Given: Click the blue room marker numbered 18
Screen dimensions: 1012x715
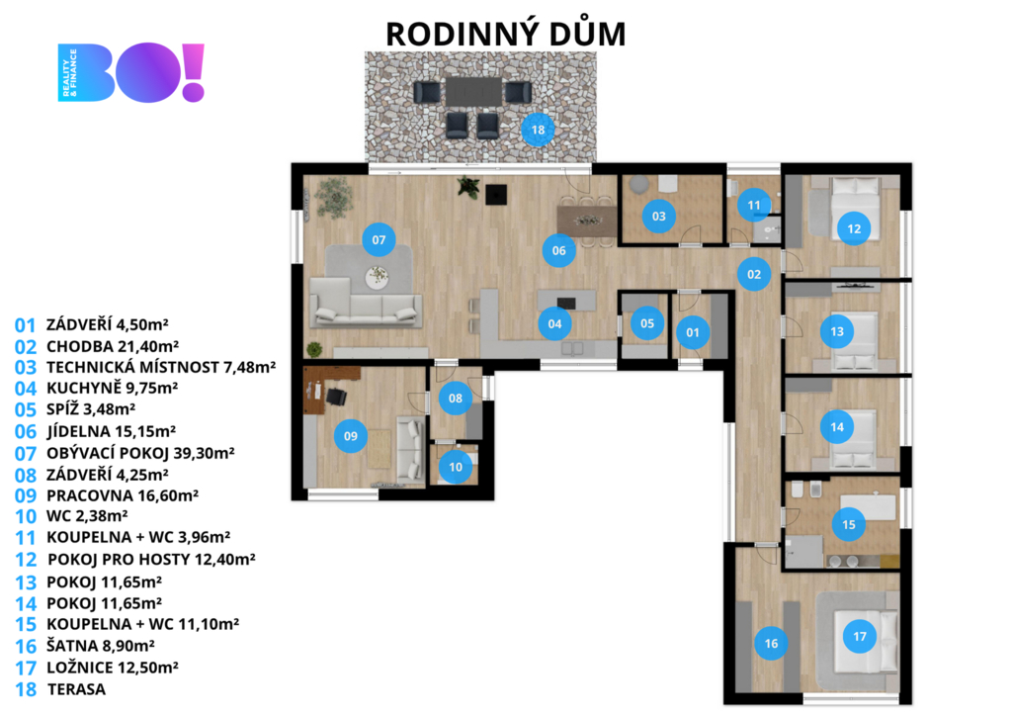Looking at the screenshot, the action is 538,130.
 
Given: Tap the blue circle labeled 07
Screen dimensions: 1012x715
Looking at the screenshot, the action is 379,240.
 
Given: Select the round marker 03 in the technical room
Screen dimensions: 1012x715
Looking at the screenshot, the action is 659,217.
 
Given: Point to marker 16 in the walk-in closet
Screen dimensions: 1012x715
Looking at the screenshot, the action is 771,644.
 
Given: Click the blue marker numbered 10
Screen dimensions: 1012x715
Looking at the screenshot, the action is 456,467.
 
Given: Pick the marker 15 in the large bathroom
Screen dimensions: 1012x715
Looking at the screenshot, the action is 849,524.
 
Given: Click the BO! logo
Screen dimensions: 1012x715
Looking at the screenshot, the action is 131,72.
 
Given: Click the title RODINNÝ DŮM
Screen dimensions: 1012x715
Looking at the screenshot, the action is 506,34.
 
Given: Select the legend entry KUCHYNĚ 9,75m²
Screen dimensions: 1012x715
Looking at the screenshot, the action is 113,388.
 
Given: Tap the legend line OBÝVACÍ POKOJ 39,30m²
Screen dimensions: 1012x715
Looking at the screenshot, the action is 140,453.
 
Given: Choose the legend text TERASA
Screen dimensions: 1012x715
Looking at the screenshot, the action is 76,689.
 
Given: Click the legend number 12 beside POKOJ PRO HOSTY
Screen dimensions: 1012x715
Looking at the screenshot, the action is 26,560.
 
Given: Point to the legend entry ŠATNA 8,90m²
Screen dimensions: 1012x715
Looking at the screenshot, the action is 100,645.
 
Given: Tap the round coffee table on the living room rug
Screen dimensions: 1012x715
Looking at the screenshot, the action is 377,277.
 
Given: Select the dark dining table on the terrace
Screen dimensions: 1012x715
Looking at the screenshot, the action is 473,91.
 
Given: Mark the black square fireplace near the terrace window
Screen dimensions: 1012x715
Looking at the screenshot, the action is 496,194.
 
